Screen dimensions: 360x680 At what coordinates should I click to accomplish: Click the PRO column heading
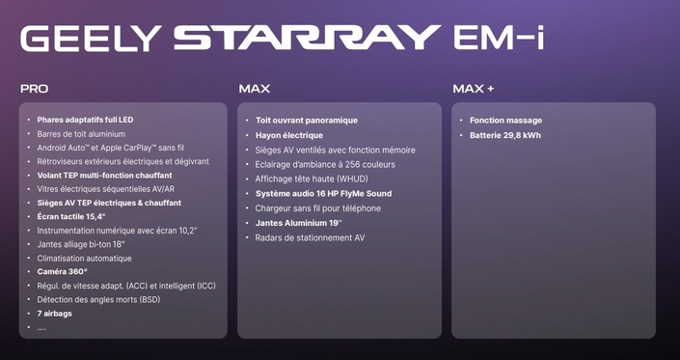34,89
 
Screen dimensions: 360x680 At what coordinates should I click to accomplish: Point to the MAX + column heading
473,89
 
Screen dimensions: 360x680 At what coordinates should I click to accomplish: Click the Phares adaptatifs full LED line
85,120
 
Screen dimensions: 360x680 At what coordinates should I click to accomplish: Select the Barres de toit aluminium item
81,134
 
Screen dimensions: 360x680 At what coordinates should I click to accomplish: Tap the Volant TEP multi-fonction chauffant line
104,176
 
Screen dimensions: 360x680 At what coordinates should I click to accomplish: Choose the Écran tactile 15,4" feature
71,217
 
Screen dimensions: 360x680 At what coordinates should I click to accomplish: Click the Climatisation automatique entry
84,259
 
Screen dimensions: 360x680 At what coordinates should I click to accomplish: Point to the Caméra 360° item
63,272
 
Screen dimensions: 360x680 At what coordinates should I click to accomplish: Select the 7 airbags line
54,314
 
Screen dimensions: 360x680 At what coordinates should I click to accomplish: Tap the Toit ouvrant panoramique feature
306,121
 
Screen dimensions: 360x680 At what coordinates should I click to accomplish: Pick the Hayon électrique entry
289,135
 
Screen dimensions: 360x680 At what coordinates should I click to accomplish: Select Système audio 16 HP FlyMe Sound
323,193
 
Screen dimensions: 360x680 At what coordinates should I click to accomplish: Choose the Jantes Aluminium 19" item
299,223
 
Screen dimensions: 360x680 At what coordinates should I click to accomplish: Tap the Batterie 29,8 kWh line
504,135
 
